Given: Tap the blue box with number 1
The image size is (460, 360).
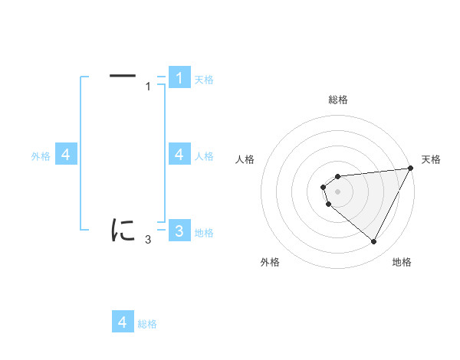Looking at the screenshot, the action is coord(179,78).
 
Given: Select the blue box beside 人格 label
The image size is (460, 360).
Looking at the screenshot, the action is coord(179,155).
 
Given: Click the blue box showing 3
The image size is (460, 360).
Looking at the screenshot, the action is coord(179,231).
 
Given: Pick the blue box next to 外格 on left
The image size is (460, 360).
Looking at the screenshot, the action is coord(66,155).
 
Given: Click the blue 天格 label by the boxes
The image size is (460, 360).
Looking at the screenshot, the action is coord(204,80).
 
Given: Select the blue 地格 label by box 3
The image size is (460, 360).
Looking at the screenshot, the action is coord(204,233).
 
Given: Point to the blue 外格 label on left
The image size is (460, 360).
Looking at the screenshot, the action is coord(41,156).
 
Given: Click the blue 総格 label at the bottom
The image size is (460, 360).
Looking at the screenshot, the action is coord(147,324).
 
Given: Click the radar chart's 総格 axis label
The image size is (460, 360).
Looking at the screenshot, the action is coord(337,100).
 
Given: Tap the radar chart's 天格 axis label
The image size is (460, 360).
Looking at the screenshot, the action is coord(432,159).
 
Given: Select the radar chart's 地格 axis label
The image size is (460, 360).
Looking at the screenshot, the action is coord(402,263).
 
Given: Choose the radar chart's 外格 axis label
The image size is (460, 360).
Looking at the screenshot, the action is coord(270,263).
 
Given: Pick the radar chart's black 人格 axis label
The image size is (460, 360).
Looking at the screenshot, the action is coord(245,159).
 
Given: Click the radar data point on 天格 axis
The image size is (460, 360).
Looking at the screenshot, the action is coord(412,168).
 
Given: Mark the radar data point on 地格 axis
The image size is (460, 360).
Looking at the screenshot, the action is coord(374,242).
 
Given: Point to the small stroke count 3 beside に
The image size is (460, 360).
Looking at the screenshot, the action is coord(148,240).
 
